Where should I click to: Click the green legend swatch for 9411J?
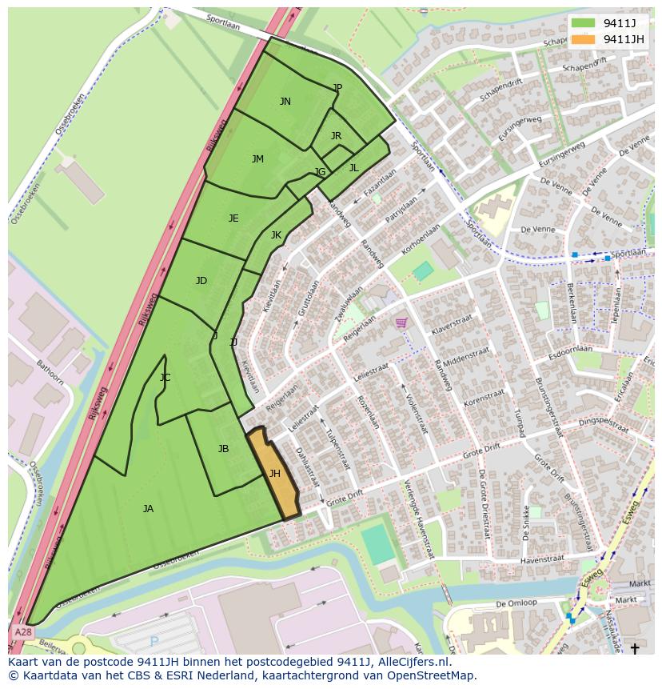(x=584, y=23)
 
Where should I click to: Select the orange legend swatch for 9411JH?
(x=584, y=39)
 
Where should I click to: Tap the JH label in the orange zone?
(x=274, y=474)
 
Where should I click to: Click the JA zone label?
(x=148, y=509)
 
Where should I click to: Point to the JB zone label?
(x=223, y=449)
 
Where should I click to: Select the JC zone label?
(x=165, y=378)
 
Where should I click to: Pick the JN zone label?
(x=285, y=102)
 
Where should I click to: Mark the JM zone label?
(x=257, y=159)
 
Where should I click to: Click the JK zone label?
(x=276, y=235)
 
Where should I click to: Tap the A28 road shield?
(x=22, y=632)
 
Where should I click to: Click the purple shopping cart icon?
(x=401, y=323)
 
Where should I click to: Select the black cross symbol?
(x=635, y=648)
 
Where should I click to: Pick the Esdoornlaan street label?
(x=570, y=350)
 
